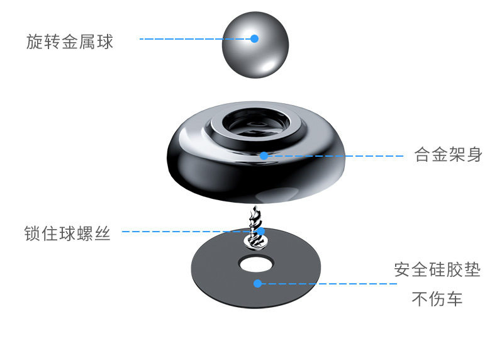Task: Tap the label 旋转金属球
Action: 70,42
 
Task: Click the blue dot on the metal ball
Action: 255,38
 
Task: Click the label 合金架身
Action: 449,155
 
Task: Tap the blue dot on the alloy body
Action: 264,155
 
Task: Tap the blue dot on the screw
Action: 259,232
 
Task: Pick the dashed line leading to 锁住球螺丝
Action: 189,232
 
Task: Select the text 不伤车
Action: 437,299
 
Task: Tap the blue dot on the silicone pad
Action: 257,283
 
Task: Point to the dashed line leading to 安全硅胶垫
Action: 327,284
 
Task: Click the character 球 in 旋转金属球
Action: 105,42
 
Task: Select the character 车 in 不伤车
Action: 454,299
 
